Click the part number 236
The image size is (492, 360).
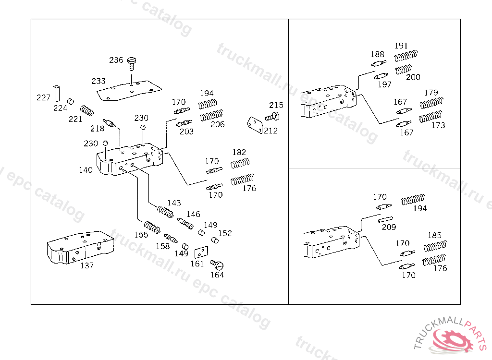click(x=116, y=60)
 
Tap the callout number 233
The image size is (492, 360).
click(x=98, y=81)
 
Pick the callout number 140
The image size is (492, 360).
click(x=86, y=169)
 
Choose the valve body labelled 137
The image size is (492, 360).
click(x=80, y=248)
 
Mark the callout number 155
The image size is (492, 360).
click(x=141, y=235)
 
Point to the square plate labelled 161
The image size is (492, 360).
click(x=200, y=252)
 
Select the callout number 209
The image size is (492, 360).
click(x=389, y=227)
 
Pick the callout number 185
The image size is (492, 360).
click(x=434, y=236)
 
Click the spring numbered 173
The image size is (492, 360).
click(x=430, y=117)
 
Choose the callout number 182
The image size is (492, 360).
click(x=239, y=152)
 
